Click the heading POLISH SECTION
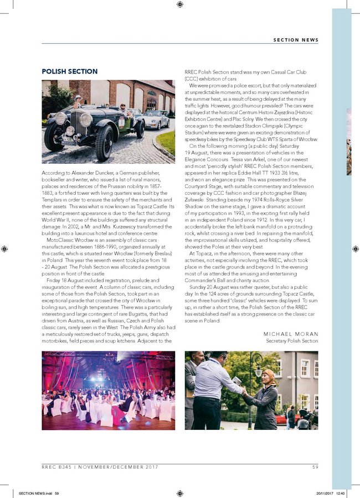70,71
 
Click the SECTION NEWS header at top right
296,39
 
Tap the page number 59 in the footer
315,468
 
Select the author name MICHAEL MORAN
291,334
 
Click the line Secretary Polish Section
292,341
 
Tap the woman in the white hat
78,101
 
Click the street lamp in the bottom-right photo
253,382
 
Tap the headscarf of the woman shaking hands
269,376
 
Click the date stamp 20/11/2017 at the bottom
327,492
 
